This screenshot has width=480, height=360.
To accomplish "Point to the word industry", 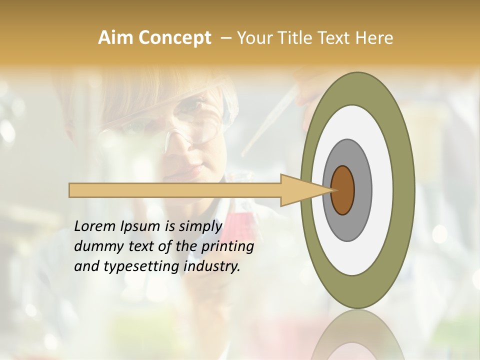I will (x=211, y=266).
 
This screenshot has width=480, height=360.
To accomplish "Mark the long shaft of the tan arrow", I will (x=175, y=190).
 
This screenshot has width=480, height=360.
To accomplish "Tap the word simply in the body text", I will (x=200, y=226).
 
